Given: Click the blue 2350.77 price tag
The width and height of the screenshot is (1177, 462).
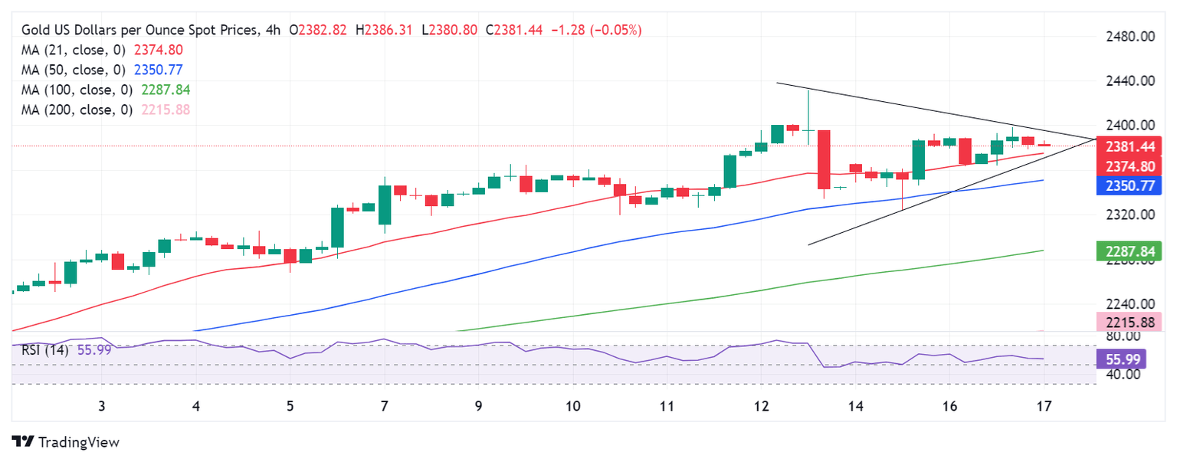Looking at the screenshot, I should point(1130,185).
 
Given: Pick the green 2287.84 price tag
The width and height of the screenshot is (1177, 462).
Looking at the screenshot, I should point(1130,251).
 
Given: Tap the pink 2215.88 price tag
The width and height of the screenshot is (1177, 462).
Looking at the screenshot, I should point(1130,322).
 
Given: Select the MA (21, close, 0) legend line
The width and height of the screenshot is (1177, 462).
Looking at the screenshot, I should point(102,50).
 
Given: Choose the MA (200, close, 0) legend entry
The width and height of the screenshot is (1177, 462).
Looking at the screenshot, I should point(105,110).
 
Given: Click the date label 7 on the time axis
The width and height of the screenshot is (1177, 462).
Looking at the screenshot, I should point(385,406).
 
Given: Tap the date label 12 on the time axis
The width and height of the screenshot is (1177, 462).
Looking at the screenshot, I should point(760,406).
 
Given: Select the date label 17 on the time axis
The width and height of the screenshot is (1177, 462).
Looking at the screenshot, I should point(1043,406).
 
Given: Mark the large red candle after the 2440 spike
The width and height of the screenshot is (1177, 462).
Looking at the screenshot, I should point(825,159).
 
